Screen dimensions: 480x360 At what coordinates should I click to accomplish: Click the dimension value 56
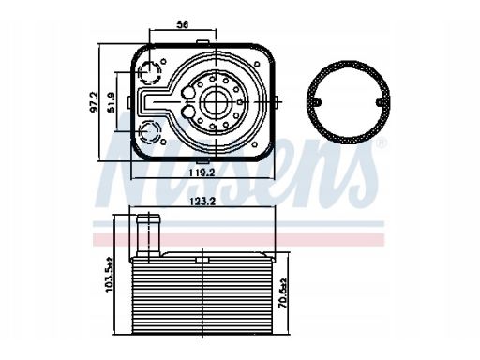(x=183, y=24)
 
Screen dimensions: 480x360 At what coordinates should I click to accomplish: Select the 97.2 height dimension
(x=94, y=101)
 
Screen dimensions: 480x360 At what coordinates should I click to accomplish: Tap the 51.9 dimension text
(x=112, y=102)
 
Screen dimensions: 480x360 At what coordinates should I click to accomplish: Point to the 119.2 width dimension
(x=202, y=172)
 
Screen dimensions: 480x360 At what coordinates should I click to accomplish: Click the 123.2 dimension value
(x=202, y=202)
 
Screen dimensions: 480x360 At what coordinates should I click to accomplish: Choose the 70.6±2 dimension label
(x=283, y=293)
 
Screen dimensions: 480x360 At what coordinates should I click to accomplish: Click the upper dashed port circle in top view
(x=150, y=73)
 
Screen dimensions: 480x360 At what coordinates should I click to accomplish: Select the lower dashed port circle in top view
(x=150, y=131)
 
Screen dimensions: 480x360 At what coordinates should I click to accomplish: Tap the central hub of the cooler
(x=217, y=102)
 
